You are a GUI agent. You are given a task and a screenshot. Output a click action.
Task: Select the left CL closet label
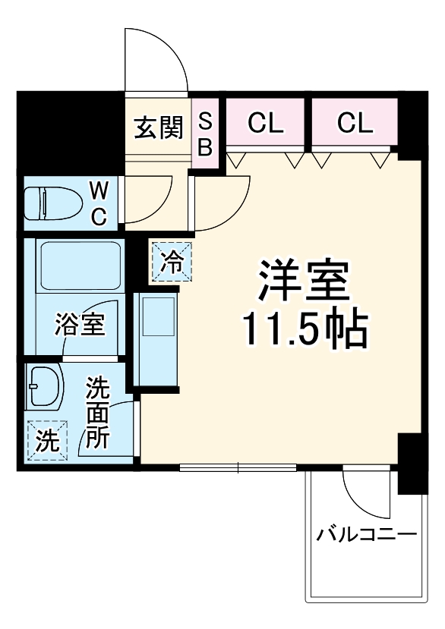pyautogui.click(x=265, y=123)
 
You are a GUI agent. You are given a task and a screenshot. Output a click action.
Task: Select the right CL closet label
pyautogui.click(x=355, y=123)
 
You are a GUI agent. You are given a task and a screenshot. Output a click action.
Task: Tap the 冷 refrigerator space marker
pyautogui.click(x=172, y=263)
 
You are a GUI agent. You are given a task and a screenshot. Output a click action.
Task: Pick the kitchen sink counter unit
pyautogui.click(x=156, y=335)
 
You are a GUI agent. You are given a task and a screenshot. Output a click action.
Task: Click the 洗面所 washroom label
pyautogui.click(x=97, y=413)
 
